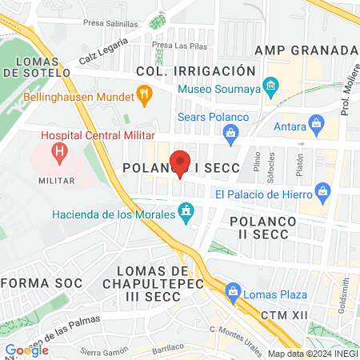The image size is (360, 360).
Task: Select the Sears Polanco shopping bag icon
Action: click(x=232, y=135)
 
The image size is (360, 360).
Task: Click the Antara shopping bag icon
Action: click(x=318, y=124)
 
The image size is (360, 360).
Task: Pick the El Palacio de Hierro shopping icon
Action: click(x=322, y=192)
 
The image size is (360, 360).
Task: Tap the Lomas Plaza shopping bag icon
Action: click(x=234, y=293)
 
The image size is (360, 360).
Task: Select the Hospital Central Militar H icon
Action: click(x=58, y=150)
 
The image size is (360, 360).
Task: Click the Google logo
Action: click(x=27, y=350)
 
